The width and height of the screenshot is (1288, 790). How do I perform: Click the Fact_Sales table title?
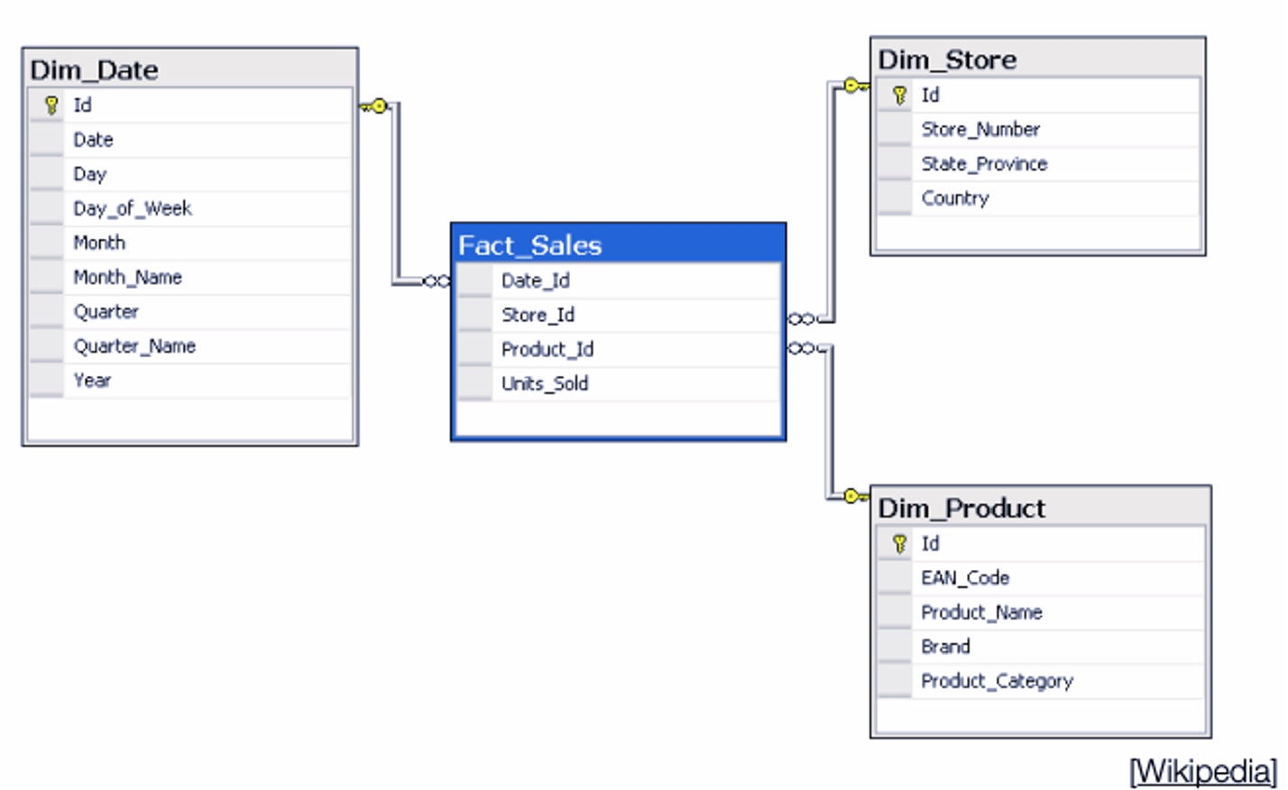(x=529, y=245)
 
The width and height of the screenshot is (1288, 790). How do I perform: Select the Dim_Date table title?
(x=94, y=70)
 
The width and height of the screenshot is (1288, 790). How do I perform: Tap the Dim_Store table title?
(x=947, y=60)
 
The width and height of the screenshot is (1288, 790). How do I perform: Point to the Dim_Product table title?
(x=961, y=509)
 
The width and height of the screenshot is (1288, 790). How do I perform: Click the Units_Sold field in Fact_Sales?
(x=545, y=384)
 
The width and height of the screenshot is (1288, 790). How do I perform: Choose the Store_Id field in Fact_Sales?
(x=538, y=315)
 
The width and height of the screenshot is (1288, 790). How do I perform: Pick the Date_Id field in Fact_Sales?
(x=536, y=280)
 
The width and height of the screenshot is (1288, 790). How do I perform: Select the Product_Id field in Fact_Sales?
(x=547, y=349)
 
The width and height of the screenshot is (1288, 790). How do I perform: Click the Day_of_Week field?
(x=133, y=208)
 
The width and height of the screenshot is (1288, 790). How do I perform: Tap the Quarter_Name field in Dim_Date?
(x=134, y=346)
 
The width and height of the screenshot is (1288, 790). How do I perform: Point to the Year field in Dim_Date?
(x=92, y=381)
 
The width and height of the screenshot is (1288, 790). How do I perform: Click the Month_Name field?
(x=127, y=278)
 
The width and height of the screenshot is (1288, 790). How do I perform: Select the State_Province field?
(x=984, y=164)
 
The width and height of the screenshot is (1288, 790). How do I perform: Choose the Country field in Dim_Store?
(x=955, y=198)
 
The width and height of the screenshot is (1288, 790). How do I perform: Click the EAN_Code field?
(x=965, y=578)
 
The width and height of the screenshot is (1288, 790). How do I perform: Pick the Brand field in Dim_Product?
(x=945, y=647)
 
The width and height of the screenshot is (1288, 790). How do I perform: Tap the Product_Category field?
(x=997, y=682)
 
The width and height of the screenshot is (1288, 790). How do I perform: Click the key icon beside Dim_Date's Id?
(x=51, y=106)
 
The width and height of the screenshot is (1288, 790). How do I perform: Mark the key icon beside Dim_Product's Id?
(x=899, y=544)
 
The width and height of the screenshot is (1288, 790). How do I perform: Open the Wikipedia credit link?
(x=1203, y=771)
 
